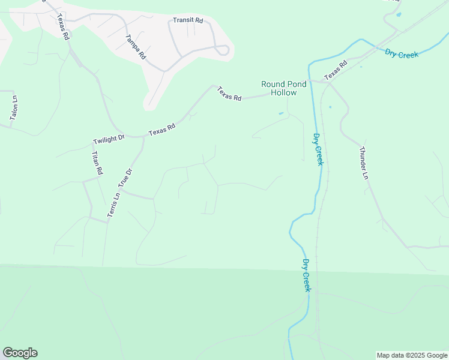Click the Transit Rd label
(x=188, y=20)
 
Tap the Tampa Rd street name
(x=136, y=46)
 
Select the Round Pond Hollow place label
(x=284, y=88)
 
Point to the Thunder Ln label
(x=363, y=163)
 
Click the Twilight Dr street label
(x=109, y=139)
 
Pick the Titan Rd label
(x=96, y=163)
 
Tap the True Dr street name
(x=125, y=179)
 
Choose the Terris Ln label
(x=112, y=206)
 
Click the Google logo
(x=20, y=353)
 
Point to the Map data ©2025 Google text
(x=412, y=355)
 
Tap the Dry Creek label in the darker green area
(x=307, y=275)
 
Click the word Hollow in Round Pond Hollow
(x=284, y=93)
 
